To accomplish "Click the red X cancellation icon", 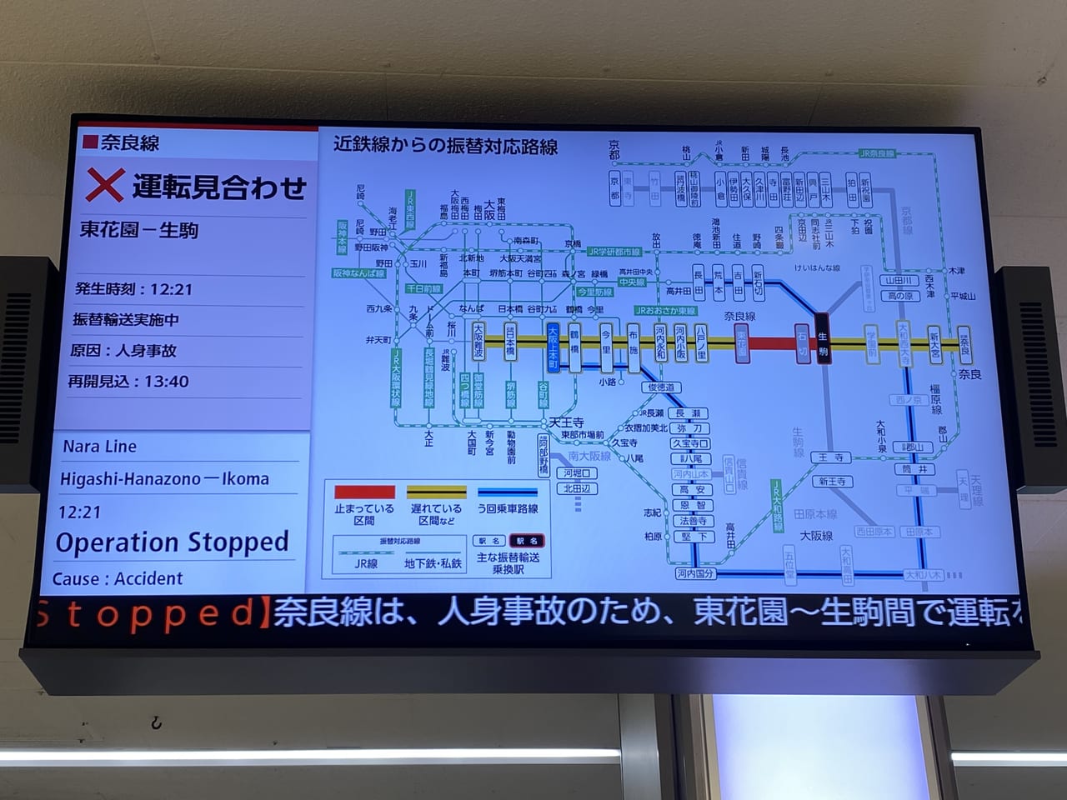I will (104, 185).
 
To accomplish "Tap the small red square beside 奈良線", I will (90, 142).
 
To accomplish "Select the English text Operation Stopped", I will (172, 543).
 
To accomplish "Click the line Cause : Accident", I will (118, 579).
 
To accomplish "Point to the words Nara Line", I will (99, 447).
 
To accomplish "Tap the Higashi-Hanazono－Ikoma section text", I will (164, 479).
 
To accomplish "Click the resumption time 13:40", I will (167, 382).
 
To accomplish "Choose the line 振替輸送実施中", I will (126, 320).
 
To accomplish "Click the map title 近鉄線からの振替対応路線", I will (445, 146).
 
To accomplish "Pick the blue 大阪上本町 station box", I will (553, 347).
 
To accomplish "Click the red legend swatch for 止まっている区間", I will (364, 492).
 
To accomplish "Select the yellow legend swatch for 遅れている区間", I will (436, 492).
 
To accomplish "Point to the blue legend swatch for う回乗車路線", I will (507, 492).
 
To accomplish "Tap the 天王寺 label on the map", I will (566, 422).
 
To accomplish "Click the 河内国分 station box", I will (694, 573).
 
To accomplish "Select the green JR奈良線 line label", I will (877, 153).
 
